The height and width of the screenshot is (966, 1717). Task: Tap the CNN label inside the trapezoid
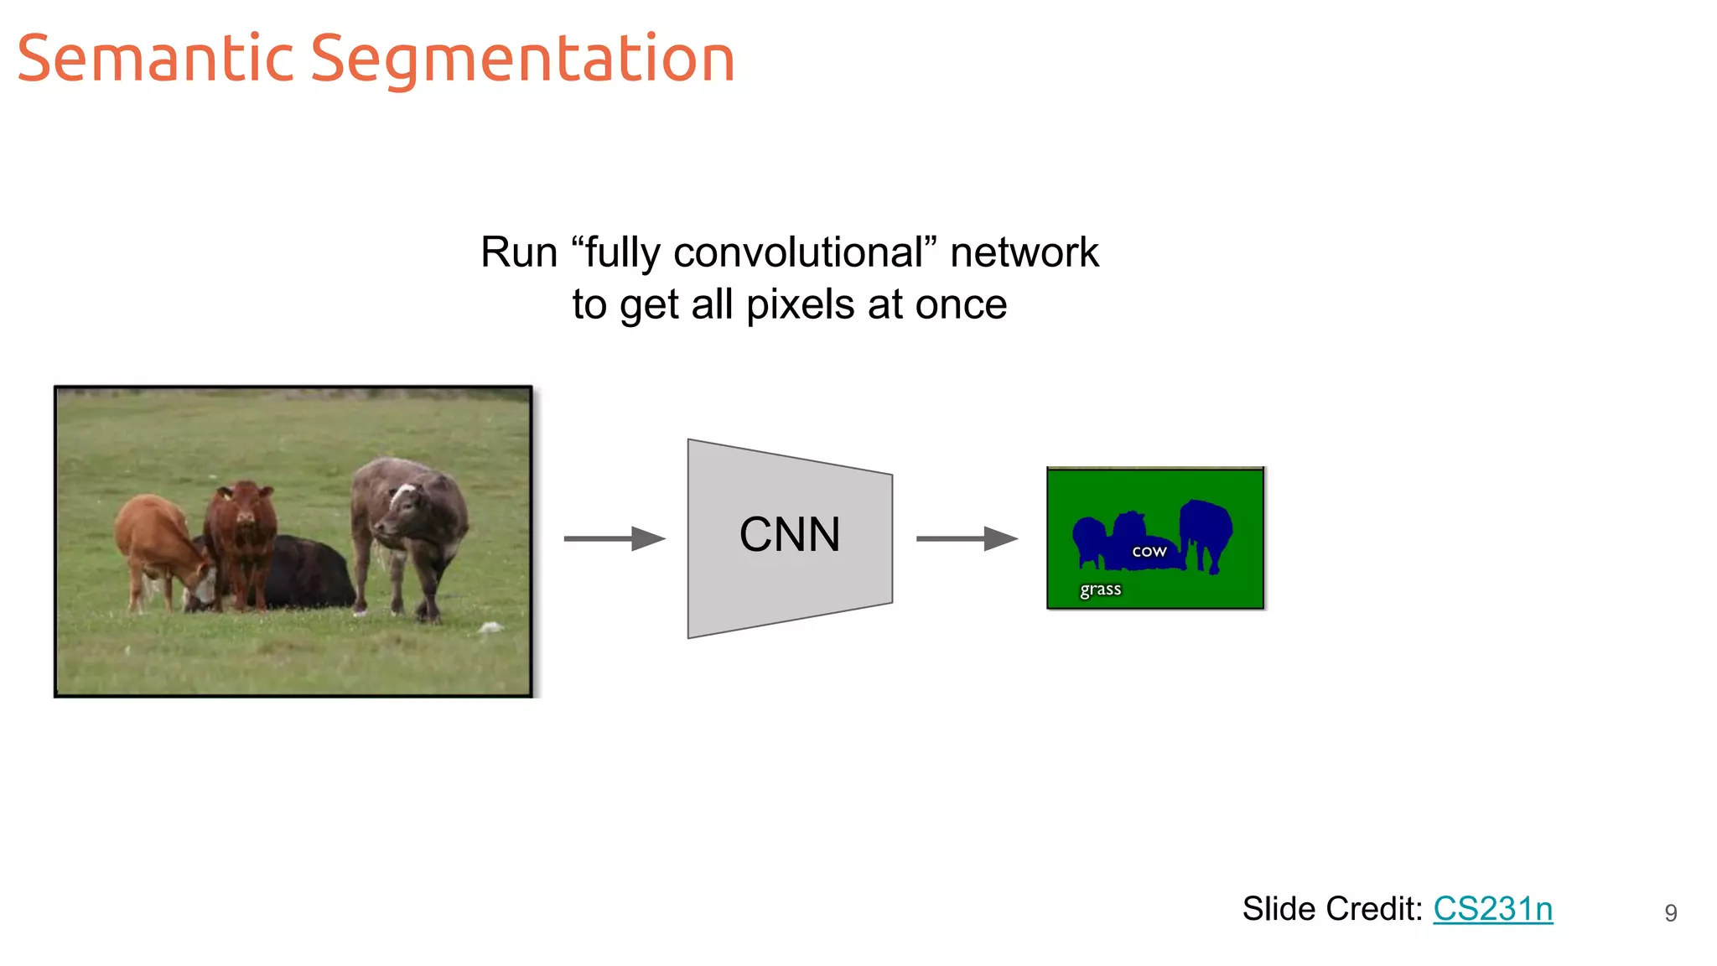[x=790, y=535]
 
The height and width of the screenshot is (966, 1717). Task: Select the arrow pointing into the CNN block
[x=615, y=538]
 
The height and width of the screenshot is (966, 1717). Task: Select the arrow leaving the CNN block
[x=967, y=538]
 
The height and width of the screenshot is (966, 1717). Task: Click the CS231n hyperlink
[x=1492, y=909]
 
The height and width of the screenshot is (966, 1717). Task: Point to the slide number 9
[x=1670, y=913]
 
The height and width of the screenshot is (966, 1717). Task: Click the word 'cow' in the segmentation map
[x=1149, y=551]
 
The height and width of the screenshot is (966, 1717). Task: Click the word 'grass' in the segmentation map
[x=1100, y=589]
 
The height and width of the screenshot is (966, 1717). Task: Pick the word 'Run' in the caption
[x=518, y=253]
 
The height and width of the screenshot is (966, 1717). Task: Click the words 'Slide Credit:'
[x=1331, y=909]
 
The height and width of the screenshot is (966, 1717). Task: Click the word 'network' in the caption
[x=1024, y=253]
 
